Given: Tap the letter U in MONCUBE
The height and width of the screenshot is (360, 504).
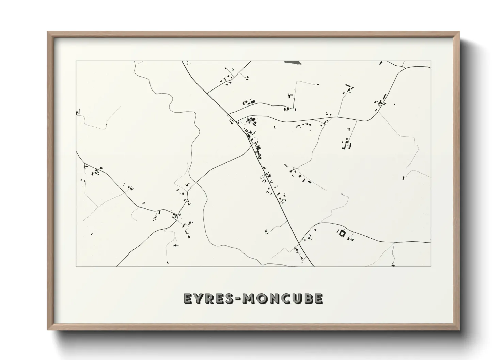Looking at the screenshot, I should point(296,298).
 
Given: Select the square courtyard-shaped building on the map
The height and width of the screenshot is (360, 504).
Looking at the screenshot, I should point(341,233).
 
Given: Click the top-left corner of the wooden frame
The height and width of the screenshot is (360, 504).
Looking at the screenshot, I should point(48,32).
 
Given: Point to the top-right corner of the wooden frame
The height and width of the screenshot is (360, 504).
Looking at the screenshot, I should point(459,32).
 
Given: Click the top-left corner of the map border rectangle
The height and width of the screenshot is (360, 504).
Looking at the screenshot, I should point(76,61).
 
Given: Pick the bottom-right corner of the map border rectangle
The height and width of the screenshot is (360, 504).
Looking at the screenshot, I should point(431,266).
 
